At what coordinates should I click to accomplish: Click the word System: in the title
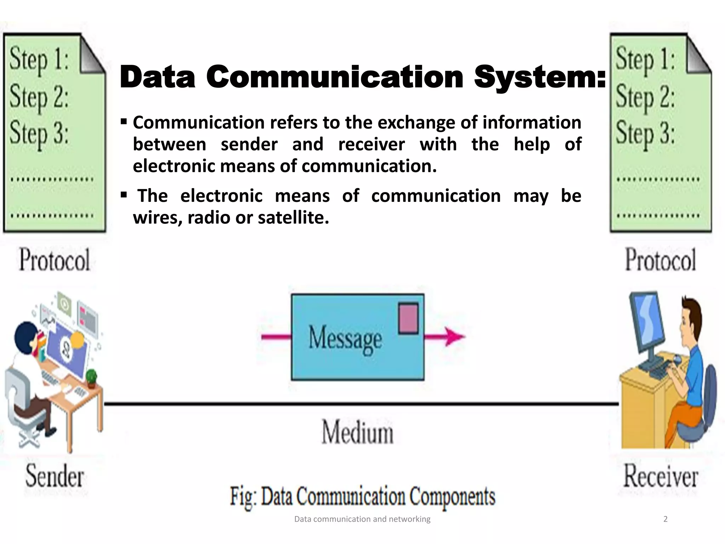pyautogui.click(x=540, y=77)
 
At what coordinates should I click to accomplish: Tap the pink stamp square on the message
pyautogui.click(x=408, y=318)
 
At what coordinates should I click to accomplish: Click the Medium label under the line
pyautogui.click(x=358, y=432)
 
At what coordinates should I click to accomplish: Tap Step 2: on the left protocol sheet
pyautogui.click(x=39, y=97)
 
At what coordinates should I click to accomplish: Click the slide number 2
pyautogui.click(x=665, y=519)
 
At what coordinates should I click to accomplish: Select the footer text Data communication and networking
pyautogui.click(x=362, y=519)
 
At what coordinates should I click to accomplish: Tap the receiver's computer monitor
pyautogui.click(x=647, y=324)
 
